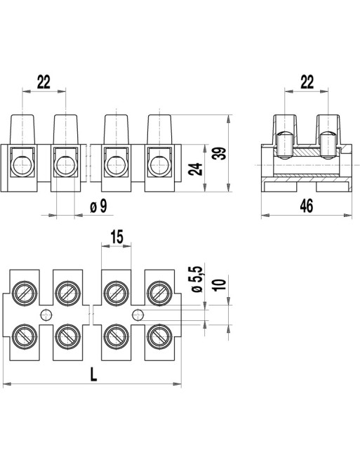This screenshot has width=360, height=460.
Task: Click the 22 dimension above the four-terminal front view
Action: tap(44, 82)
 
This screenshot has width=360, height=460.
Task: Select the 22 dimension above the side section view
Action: tap(306, 82)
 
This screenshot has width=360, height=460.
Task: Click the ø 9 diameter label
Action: tap(99, 206)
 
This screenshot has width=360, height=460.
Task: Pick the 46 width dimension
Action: tap(306, 206)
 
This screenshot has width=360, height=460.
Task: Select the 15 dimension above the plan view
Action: tap(116, 238)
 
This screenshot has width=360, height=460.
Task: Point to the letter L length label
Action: tap(93, 374)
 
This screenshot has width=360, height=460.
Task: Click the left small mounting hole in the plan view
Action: tap(46, 314)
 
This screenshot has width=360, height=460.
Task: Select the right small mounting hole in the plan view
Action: tap(138, 314)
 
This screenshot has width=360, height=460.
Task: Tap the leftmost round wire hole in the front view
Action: tap(22, 166)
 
